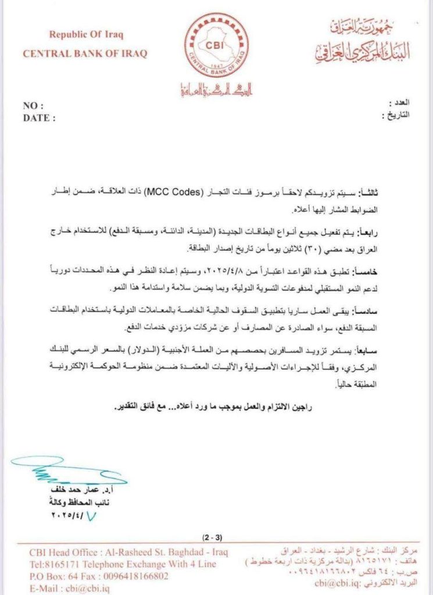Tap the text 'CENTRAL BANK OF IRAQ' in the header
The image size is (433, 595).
click(84, 54)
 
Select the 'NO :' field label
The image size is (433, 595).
click(34, 106)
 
